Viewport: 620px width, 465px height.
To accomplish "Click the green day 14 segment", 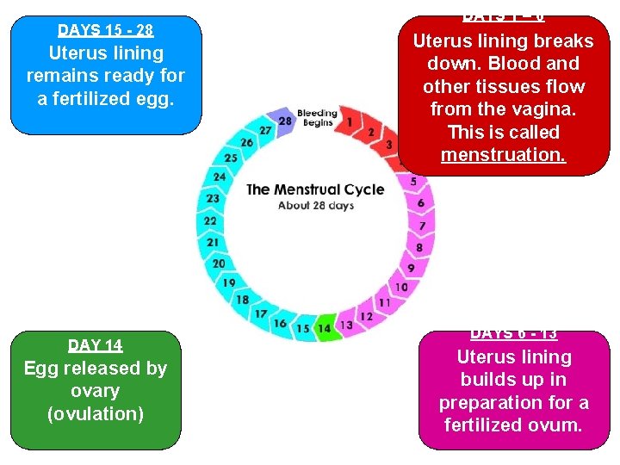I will coord(324,328).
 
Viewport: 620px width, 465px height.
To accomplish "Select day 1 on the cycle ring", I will coord(350,122).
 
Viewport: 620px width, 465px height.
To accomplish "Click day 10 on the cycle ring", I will coord(401,287).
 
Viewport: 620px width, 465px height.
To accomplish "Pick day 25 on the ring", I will coord(231,158).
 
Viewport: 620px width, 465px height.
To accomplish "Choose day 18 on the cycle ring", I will coord(243,300).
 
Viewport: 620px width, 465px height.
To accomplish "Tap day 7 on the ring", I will coord(422,226).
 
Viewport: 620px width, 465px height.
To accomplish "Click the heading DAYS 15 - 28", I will coord(106,31).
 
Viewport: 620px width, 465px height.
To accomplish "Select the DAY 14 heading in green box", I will coord(96,345).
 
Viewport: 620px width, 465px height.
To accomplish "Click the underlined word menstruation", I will coord(503,155).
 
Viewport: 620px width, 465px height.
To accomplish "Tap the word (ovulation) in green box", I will coord(96,413).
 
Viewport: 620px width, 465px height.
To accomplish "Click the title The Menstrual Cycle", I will coord(315,189).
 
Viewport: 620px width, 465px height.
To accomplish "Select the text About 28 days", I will coord(316,206).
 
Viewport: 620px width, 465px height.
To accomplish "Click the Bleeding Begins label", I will coord(317,118).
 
